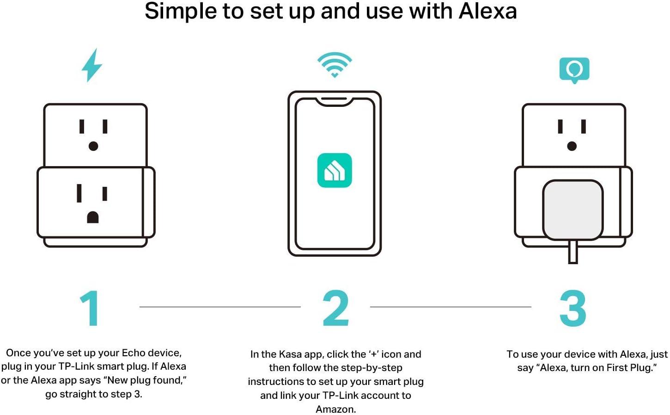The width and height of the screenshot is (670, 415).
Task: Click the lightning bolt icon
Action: pyautogui.click(x=92, y=65)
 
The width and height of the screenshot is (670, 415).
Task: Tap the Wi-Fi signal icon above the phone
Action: pyautogui.click(x=335, y=64)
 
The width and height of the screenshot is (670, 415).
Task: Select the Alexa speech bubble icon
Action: pyautogui.click(x=574, y=70)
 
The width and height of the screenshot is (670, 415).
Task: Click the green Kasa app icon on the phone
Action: pyautogui.click(x=335, y=170)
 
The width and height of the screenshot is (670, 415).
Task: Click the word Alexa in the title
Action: pyautogui.click(x=487, y=12)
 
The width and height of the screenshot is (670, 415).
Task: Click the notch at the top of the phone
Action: pyautogui.click(x=335, y=102)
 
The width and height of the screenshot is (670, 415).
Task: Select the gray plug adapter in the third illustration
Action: pyautogui.click(x=573, y=210)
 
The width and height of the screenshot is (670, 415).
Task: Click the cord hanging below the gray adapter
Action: pyautogui.click(x=573, y=252)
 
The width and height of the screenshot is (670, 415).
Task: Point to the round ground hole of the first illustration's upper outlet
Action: pyautogui.click(x=93, y=146)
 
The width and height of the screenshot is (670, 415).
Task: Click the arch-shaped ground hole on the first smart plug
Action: pyautogui.click(x=93, y=217)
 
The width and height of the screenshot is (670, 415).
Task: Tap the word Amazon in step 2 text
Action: pyautogui.click(x=335, y=409)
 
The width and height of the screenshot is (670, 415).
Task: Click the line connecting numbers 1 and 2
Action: pyautogui.click(x=220, y=307)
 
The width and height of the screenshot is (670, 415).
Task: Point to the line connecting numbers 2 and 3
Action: pyautogui.click(x=451, y=307)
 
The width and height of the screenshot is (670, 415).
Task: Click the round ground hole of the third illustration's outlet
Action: pyautogui.click(x=572, y=146)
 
